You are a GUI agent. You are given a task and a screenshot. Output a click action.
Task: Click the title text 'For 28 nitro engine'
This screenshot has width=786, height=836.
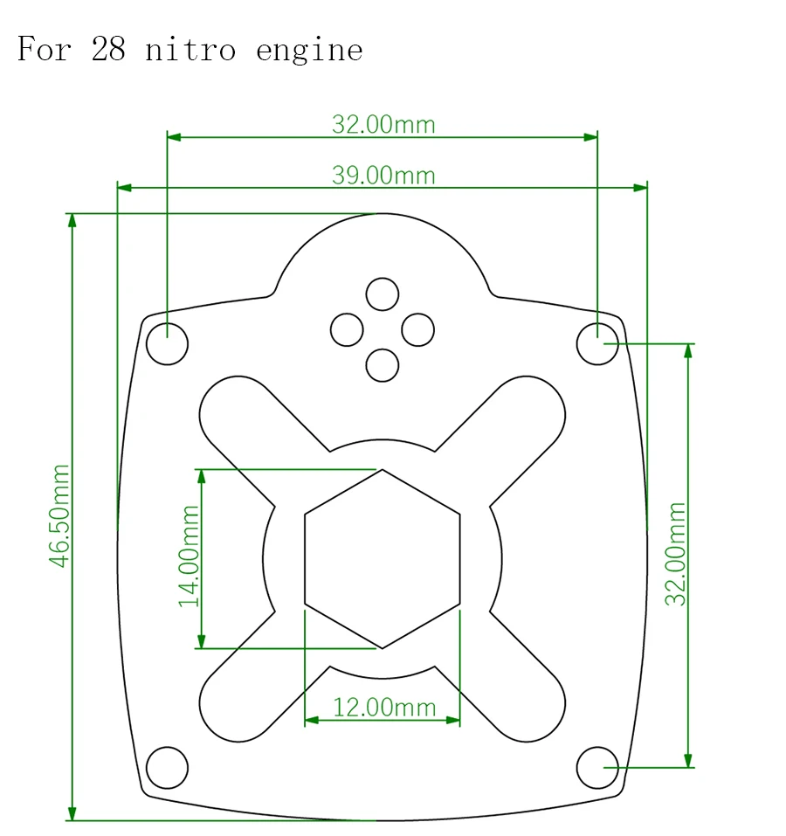point(190,50)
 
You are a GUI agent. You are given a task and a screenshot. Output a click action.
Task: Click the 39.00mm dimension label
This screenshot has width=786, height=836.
point(383,175)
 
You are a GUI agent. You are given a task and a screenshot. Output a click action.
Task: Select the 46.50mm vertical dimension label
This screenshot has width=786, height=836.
point(59,515)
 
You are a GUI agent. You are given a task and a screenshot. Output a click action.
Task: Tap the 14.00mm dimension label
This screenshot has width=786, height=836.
point(189,556)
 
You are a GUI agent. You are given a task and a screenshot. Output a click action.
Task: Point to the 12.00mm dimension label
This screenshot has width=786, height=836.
point(384,707)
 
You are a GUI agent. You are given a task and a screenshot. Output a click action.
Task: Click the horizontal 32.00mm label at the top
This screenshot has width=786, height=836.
point(383,124)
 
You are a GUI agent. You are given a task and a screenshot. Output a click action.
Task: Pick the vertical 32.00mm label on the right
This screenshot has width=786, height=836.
point(676,554)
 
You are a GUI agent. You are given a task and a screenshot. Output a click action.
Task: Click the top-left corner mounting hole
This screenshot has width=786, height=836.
point(168,344)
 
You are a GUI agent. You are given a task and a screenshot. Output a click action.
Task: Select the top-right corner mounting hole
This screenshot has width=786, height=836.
point(597,344)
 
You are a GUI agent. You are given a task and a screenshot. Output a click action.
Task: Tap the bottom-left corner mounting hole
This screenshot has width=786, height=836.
point(168,768)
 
